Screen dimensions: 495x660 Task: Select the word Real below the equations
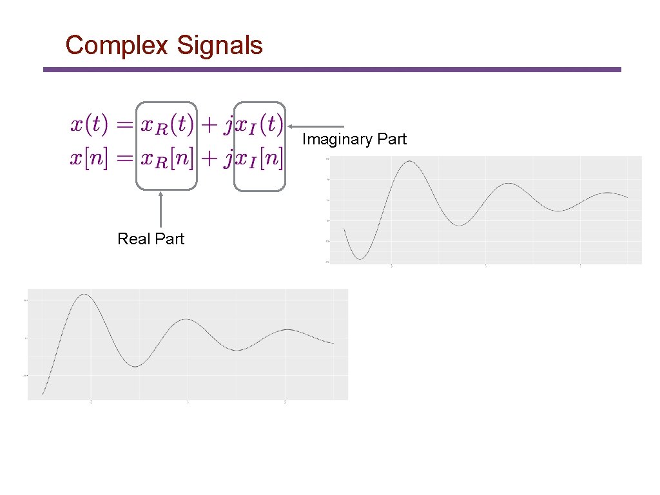coord(133,239)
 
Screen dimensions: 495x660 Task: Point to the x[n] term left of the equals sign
coord(89,159)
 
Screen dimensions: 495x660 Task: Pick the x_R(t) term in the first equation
coord(167,125)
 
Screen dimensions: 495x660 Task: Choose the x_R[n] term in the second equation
coord(167,159)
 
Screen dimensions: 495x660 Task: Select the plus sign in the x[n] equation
coord(208,159)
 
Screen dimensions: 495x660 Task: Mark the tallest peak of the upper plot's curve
coord(409,161)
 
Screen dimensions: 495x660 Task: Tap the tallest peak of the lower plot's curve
coord(83,294)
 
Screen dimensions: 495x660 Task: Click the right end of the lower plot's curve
coord(333,343)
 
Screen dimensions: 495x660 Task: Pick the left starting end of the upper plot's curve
coord(344,229)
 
